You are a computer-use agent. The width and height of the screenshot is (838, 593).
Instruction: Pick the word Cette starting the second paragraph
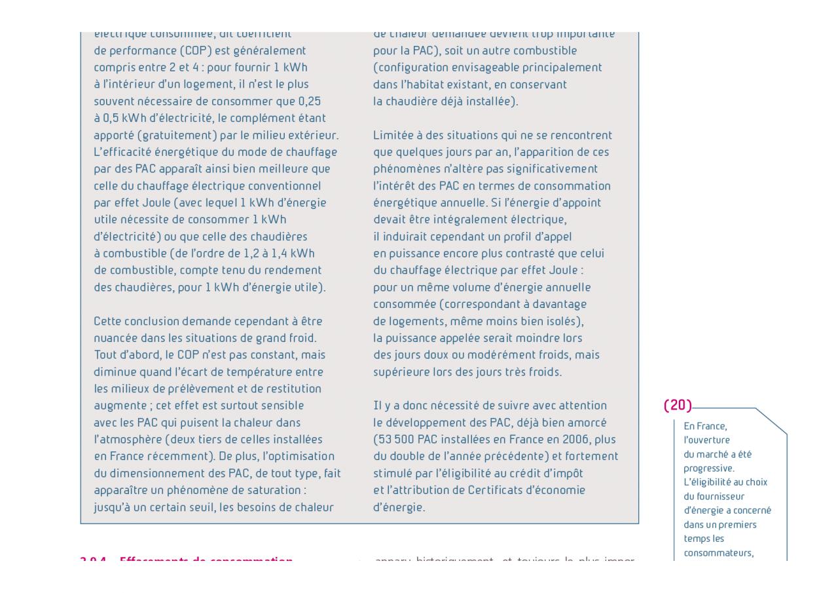click(x=108, y=321)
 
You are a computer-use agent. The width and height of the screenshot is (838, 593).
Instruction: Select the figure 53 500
click(x=392, y=439)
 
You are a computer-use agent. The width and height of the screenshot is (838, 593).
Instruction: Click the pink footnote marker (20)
click(x=678, y=406)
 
